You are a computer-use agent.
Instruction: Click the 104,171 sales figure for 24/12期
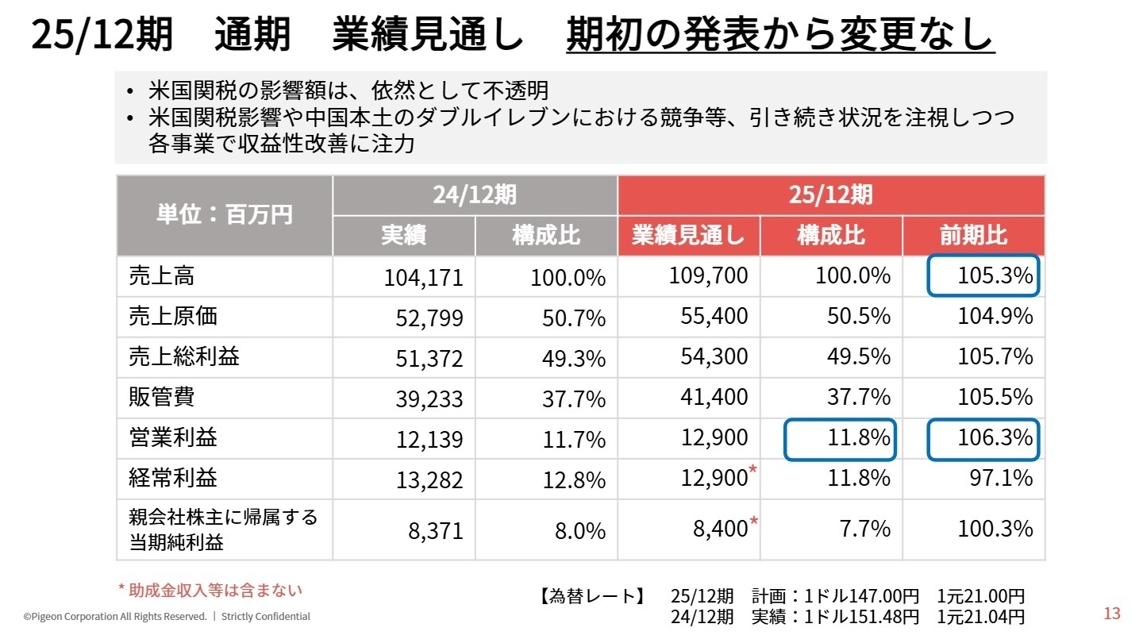[423, 278]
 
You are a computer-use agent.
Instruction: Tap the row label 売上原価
[173, 317]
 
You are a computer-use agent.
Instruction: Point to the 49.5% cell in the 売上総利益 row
[858, 356]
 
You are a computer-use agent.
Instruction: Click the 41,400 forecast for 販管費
[714, 397]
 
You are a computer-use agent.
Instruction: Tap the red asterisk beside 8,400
[754, 522]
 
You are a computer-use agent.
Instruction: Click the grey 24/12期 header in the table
[475, 194]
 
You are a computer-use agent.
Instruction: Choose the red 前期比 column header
[973, 236]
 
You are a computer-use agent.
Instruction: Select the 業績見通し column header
[688, 236]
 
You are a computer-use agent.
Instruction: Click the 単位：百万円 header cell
[225, 215]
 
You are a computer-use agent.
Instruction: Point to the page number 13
[1112, 614]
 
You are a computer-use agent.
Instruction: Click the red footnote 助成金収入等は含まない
[210, 590]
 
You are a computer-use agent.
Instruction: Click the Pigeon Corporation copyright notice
[167, 617]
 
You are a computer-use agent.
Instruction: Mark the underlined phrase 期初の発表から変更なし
[779, 35]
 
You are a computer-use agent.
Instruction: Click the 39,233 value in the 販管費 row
[429, 399]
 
